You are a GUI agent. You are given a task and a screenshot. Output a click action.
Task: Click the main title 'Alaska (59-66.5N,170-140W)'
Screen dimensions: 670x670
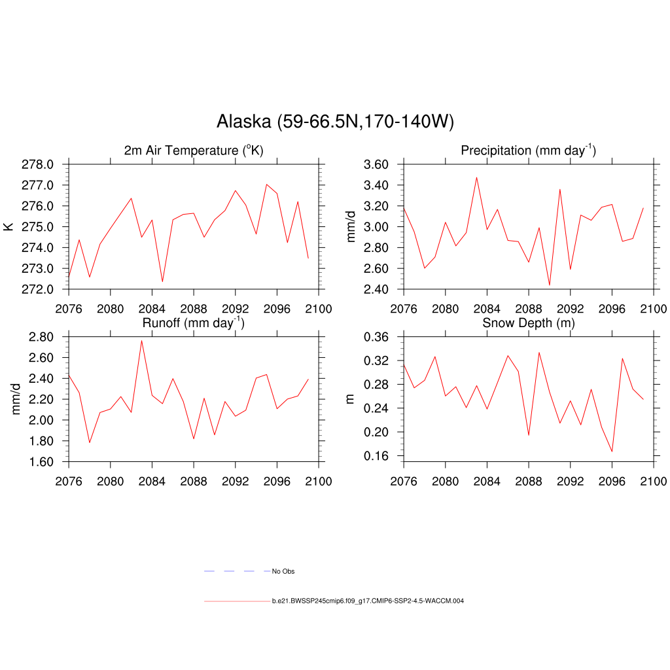coord(334,122)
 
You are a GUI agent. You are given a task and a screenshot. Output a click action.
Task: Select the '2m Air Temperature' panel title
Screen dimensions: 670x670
coord(194,150)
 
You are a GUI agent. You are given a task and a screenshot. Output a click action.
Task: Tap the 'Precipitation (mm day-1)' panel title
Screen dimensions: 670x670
coord(528,150)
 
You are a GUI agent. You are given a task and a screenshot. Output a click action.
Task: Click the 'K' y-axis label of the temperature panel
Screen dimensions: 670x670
coord(9,226)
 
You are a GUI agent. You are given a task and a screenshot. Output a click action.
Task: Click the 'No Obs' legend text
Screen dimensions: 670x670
coord(283,571)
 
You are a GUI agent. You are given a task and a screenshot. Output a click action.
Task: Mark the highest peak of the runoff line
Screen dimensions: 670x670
coord(141,340)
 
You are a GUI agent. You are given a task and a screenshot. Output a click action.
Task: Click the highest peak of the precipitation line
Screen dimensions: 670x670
coord(476,177)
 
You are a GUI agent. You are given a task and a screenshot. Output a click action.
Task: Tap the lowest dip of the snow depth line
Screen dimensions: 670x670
coord(612,451)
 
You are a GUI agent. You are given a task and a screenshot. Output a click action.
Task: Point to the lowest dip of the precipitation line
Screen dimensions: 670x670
coord(550,285)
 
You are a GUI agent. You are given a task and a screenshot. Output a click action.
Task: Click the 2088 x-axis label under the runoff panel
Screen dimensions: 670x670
coord(194,482)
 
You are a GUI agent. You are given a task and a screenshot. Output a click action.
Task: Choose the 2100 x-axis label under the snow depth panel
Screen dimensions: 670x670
coord(654,482)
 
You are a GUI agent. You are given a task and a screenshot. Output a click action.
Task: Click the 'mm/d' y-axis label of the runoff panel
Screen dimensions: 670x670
coord(17,398)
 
